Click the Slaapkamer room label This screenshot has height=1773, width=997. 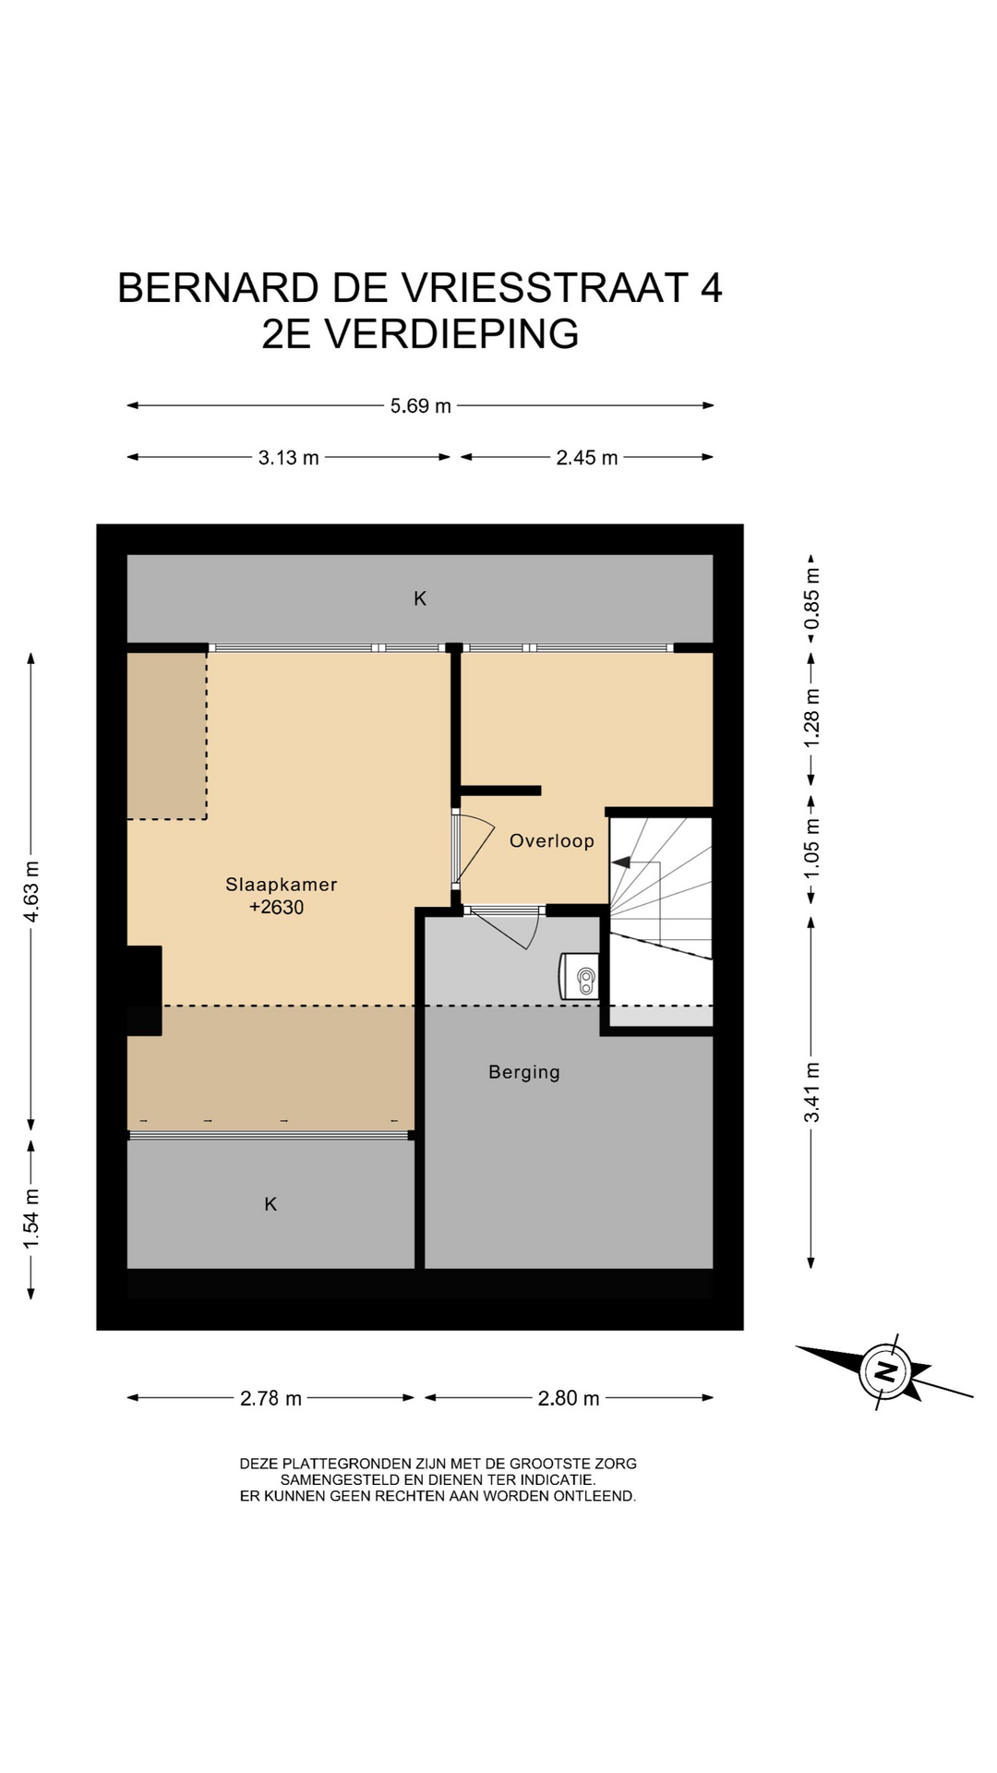[x=282, y=884]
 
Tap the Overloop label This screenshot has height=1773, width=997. [x=552, y=840]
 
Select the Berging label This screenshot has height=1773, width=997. [x=524, y=1072]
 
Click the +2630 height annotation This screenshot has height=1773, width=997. [x=276, y=907]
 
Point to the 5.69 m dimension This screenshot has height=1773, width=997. [x=421, y=405]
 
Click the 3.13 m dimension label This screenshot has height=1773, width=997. [x=289, y=457]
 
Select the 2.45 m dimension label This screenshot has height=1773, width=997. [x=587, y=457]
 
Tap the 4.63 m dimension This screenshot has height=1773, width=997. [x=31, y=891]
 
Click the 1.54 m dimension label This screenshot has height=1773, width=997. [x=31, y=1219]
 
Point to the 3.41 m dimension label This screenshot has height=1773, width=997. [x=811, y=1092]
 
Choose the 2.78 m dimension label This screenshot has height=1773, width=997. [x=271, y=1398]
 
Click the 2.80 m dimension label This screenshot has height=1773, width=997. [x=569, y=1398]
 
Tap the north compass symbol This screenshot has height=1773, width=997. [x=885, y=1371]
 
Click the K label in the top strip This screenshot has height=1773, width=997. [x=420, y=598]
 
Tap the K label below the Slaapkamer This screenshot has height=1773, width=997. [x=270, y=1203]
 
